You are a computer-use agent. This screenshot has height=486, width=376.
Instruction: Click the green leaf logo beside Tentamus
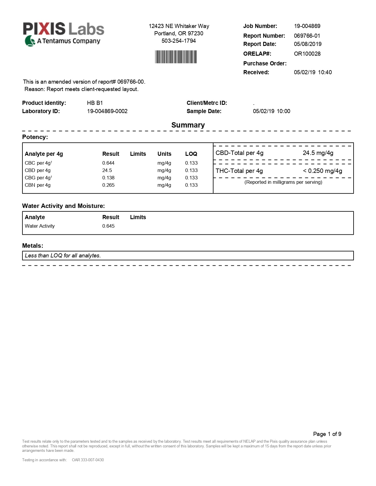coord(30,41)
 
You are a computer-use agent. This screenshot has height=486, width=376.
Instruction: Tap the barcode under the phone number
coord(176,57)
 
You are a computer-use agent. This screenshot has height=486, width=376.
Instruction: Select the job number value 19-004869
coord(307,26)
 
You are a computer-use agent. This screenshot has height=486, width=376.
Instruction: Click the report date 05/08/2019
coord(308,44)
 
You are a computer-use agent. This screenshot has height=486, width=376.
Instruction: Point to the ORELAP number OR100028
coord(307,54)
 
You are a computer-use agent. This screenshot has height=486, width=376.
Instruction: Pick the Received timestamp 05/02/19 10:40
coord(313,72)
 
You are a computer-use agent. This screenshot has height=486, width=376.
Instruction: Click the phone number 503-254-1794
coord(178,41)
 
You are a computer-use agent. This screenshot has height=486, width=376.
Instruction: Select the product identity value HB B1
coord(95,103)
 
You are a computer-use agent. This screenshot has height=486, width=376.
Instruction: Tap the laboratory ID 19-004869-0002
coord(107,111)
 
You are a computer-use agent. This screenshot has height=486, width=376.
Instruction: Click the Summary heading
coord(188,125)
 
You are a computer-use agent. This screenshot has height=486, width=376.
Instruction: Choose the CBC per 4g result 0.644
coord(108,163)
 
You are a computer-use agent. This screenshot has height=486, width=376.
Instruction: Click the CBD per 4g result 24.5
coord(107,170)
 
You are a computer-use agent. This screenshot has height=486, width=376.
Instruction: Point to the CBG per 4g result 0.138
coord(108,178)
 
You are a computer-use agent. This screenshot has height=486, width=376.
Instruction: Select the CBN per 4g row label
coord(37,185)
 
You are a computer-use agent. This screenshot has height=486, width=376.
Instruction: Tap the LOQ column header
coord(191,154)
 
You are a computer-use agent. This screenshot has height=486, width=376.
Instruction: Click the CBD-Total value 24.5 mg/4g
coord(318,153)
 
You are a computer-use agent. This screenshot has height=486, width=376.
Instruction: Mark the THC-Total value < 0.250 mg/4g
coord(322,171)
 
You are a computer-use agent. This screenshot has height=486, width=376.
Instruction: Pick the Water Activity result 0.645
coord(108,226)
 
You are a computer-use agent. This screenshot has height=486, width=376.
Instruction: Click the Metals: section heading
coord(32,246)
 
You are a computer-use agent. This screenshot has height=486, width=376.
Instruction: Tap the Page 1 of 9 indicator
coord(327,434)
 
